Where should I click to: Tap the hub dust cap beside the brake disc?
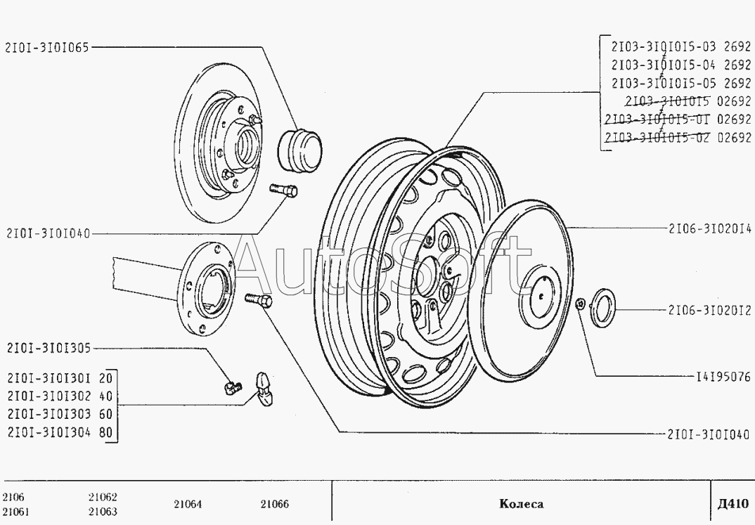(301, 148)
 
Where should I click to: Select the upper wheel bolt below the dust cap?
(283, 190)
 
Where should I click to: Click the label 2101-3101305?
(48, 347)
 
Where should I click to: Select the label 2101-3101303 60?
(59, 413)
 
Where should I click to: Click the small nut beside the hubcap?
(579, 304)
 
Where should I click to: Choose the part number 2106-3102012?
(710, 309)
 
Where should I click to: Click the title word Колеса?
(521, 504)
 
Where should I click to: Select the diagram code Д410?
(732, 504)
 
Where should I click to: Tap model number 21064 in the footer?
(187, 504)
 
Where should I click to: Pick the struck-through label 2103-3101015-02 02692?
(676, 138)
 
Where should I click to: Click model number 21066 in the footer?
(274, 504)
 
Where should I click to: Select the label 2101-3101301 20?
(59, 377)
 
